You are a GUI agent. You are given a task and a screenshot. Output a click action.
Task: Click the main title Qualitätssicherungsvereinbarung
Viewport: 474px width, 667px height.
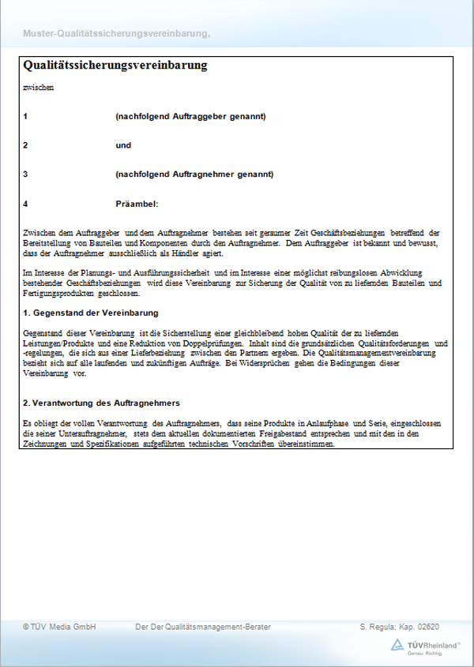pos(115,66)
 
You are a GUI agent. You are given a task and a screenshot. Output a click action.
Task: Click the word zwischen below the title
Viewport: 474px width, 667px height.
pos(39,88)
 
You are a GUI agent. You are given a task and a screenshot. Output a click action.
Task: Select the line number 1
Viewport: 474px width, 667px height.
pos(25,117)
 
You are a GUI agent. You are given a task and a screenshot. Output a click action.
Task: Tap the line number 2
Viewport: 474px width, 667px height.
pos(25,145)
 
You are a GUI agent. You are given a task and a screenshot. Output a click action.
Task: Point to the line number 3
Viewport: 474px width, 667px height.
pos(25,174)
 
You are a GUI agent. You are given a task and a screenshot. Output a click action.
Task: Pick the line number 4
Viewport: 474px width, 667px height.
pos(25,204)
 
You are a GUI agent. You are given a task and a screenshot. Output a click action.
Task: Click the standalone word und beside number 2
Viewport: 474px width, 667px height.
pos(123,145)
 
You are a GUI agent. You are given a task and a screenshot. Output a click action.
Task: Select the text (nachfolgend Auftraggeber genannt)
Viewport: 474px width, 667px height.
pos(190,117)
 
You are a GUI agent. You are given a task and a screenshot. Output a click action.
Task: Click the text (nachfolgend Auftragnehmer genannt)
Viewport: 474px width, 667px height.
pos(194,174)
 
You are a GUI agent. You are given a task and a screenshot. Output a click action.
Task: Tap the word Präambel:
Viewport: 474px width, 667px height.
pos(137,204)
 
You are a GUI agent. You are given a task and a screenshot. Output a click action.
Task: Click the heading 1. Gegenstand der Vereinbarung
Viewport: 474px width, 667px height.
pos(91,313)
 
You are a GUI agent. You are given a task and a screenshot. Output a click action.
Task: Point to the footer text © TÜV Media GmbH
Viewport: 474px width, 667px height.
pos(59,627)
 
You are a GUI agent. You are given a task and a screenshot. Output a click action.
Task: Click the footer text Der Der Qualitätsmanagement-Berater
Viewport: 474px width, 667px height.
pos(203,627)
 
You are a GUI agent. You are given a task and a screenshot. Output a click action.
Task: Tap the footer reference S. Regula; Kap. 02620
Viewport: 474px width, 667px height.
pos(399,627)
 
